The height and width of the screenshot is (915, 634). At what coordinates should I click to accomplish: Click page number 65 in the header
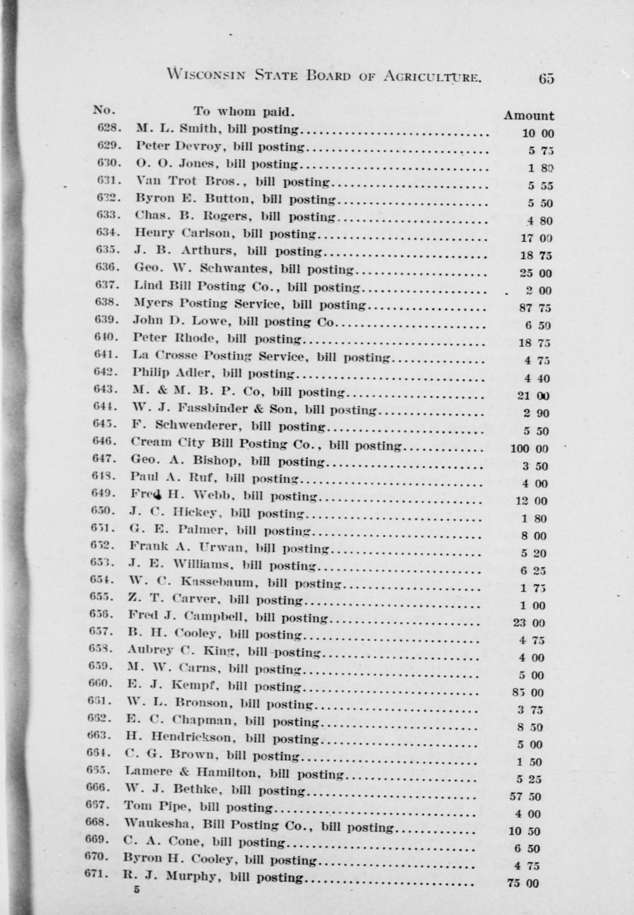[546, 79]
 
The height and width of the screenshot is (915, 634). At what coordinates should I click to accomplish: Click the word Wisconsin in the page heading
[206, 74]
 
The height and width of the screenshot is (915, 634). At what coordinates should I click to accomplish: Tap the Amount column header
[528, 116]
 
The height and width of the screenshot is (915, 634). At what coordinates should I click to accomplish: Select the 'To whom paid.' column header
[244, 111]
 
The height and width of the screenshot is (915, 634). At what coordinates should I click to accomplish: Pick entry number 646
[104, 441]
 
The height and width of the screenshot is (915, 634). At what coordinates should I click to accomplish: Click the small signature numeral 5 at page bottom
[137, 889]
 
